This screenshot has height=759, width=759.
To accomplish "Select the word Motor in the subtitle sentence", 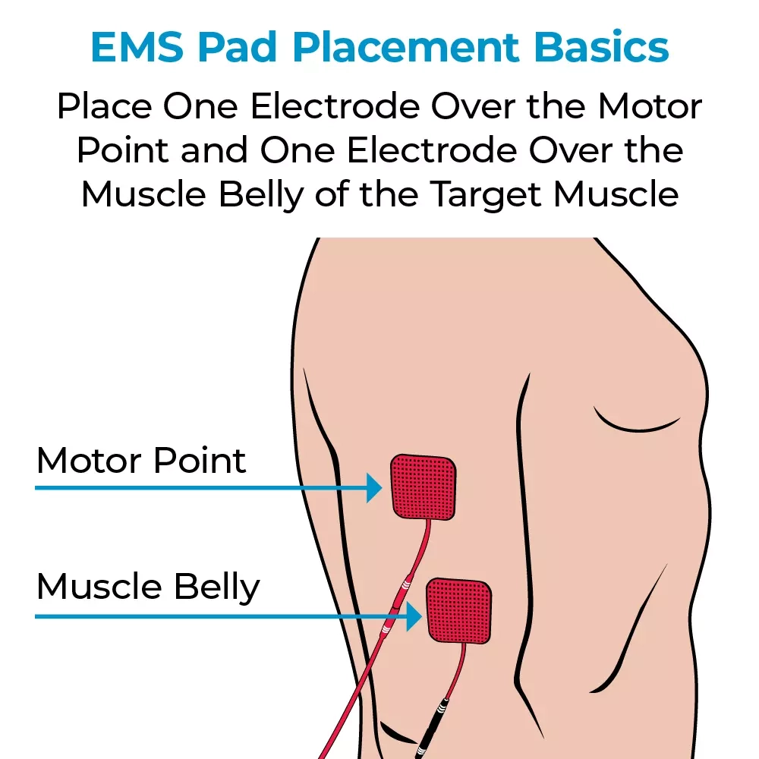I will click(650, 108).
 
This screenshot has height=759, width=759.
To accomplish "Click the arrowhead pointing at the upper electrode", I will click(373, 487).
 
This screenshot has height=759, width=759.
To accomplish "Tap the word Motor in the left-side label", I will click(90, 461).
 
